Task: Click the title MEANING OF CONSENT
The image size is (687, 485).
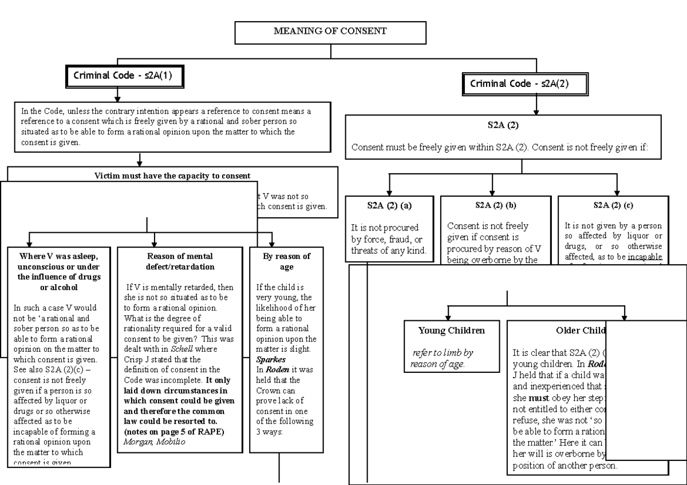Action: (x=330, y=31)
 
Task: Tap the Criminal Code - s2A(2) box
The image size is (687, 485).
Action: (x=524, y=84)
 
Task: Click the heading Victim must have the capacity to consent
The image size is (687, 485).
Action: (x=172, y=176)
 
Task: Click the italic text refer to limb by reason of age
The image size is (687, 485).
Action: (x=443, y=359)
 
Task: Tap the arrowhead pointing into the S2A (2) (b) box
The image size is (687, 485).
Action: (x=493, y=192)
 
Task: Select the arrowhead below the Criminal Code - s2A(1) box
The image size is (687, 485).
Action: (x=117, y=97)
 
